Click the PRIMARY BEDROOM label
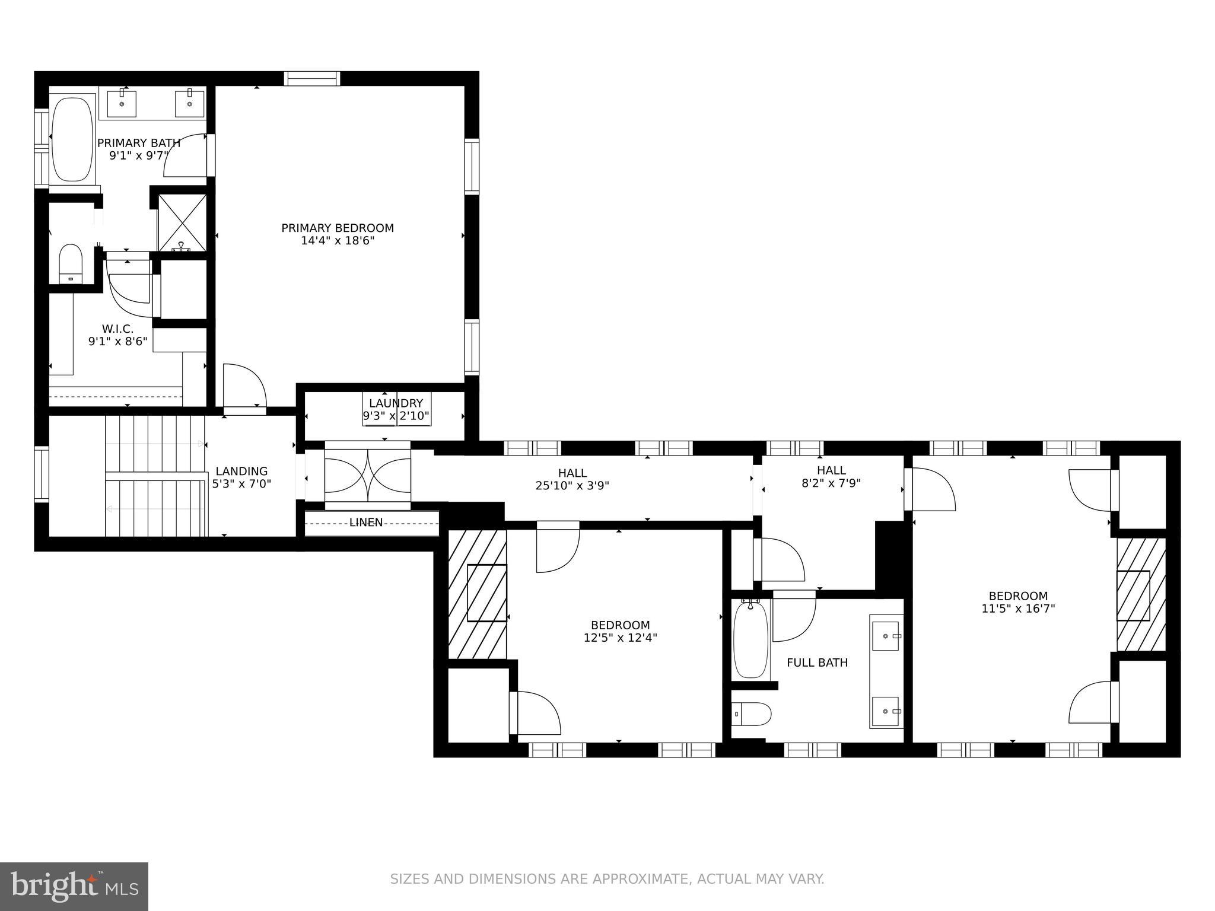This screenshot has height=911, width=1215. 337,228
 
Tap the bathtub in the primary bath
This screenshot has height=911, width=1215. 72,139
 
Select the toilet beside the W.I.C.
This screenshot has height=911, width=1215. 71,264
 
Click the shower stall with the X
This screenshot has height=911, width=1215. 182,223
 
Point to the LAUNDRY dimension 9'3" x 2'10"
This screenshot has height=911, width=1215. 396,416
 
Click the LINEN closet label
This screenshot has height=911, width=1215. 365,523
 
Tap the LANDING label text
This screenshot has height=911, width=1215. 241,472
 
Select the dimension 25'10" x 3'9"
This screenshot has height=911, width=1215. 572,485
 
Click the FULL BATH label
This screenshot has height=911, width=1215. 817,662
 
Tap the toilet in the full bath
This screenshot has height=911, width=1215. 751,714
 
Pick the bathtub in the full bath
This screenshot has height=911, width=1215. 750,639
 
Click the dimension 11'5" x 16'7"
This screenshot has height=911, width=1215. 1018,608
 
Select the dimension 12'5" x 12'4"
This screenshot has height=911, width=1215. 620,638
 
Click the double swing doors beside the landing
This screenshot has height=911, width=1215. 367,471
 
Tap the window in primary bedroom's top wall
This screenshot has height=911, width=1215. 312,78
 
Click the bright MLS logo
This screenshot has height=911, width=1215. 74,887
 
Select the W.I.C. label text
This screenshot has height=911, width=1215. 117,329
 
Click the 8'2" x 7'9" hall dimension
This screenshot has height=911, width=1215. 831,483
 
